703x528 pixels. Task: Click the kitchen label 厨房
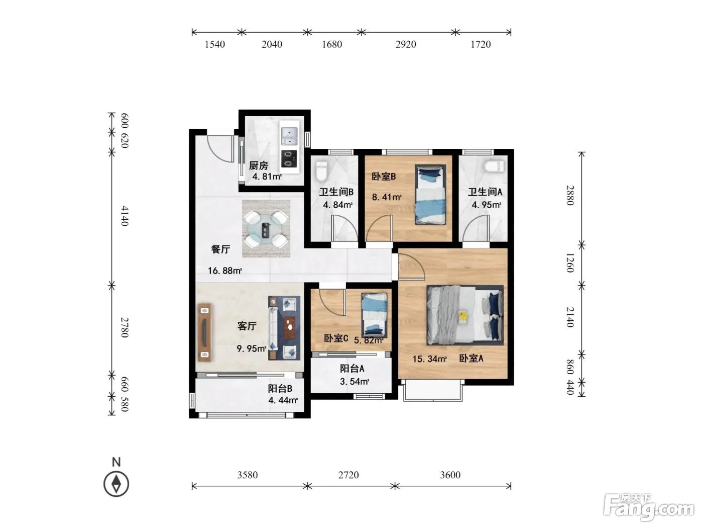click(259, 165)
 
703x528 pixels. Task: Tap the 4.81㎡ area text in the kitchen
click(267, 177)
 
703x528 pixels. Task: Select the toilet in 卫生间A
click(494, 167)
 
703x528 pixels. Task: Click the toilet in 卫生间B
click(321, 172)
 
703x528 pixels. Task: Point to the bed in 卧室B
click(430, 195)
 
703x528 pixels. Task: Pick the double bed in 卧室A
click(464, 315)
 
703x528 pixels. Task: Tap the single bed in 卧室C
click(374, 315)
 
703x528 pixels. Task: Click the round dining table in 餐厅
click(266, 229)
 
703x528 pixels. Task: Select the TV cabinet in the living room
click(204, 332)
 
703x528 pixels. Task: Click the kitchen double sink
click(289, 136)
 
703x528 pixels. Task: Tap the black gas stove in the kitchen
click(289, 159)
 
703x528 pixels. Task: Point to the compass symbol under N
click(116, 484)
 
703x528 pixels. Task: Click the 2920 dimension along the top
click(406, 44)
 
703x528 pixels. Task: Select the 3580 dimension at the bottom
click(247, 475)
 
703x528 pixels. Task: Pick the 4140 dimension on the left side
click(125, 216)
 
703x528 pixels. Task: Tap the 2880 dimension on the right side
click(570, 195)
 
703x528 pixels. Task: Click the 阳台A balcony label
click(352, 369)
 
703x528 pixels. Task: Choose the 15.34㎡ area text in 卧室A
click(429, 359)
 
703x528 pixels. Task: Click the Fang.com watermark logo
click(649, 507)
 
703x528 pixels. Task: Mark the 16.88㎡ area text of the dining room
click(225, 271)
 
